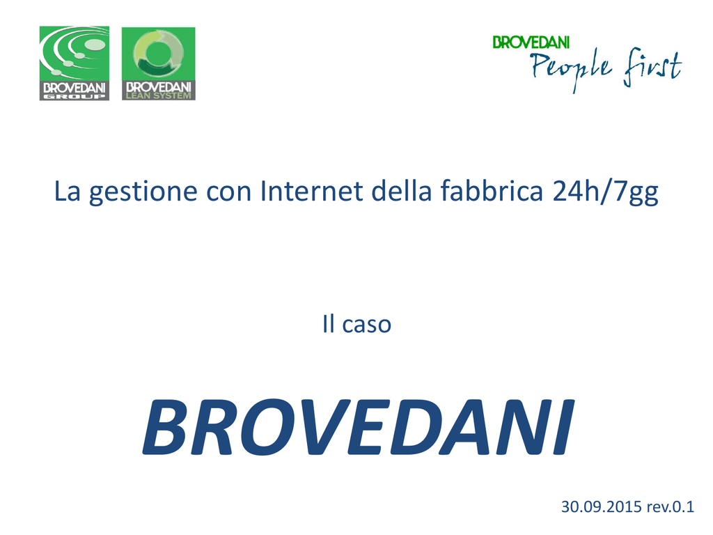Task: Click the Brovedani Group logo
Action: [x=74, y=63]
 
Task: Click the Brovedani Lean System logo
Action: [x=158, y=63]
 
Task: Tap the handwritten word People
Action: [x=571, y=68]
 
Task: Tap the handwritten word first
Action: [x=653, y=67]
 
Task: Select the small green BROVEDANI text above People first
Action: [x=531, y=42]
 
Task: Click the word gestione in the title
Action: [x=143, y=191]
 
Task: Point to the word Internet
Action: [x=311, y=190]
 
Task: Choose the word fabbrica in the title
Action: [x=492, y=190]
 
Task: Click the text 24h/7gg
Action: [x=606, y=191]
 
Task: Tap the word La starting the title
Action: [x=68, y=191]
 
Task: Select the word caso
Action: [x=366, y=325]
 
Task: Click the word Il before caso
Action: [x=329, y=323]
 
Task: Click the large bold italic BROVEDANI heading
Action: [x=359, y=427]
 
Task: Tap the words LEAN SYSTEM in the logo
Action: [x=158, y=95]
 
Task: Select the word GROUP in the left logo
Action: [x=74, y=96]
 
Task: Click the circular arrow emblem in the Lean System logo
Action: [x=158, y=53]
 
